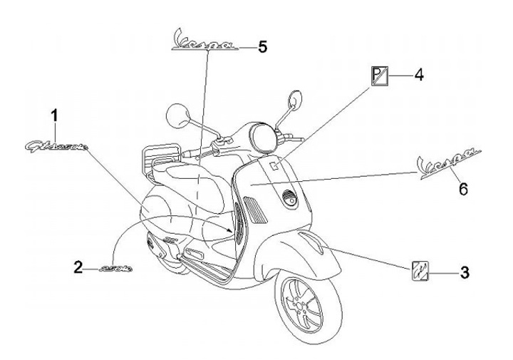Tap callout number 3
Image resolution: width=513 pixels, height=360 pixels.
(x=464, y=272)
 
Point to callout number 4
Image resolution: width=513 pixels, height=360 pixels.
(x=419, y=73)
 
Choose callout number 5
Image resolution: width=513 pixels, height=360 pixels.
(x=262, y=47)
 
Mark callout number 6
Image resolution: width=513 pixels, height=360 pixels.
(x=462, y=189)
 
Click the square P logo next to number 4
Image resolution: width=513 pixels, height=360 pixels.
(x=379, y=74)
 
